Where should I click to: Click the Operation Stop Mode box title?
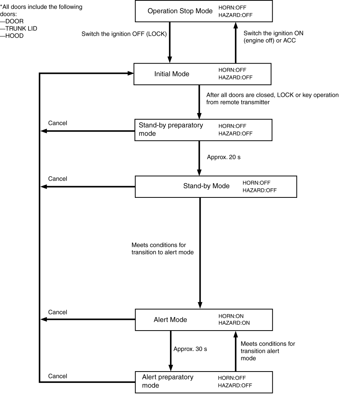click(x=180, y=11)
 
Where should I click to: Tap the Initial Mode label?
click(x=172, y=74)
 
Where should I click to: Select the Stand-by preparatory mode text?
click(x=171, y=129)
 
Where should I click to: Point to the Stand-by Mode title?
click(x=206, y=186)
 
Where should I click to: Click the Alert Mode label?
click(x=170, y=320)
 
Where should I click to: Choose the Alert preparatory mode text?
click(x=168, y=381)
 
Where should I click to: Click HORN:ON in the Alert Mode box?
click(x=231, y=316)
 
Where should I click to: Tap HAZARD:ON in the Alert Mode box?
click(x=234, y=323)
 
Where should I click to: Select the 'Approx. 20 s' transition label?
click(x=224, y=157)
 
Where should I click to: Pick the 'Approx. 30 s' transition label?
click(x=190, y=349)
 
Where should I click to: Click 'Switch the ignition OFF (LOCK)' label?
click(x=124, y=34)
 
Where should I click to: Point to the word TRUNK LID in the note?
click(x=21, y=29)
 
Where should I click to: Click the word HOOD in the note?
click(x=14, y=36)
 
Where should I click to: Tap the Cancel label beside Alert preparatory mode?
click(x=57, y=376)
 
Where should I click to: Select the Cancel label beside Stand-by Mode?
click(x=57, y=179)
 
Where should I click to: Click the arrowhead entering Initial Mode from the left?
click(x=130, y=73)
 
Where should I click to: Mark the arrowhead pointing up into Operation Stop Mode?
click(x=235, y=25)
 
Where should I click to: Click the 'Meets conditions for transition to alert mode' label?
click(x=163, y=249)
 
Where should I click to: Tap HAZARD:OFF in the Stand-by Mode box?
click(x=259, y=190)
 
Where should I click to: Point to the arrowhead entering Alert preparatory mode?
click(x=171, y=368)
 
